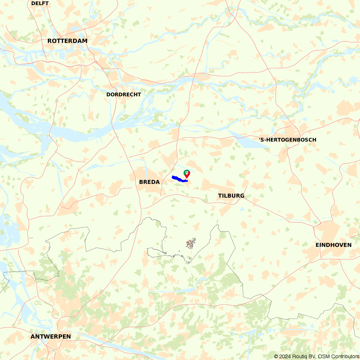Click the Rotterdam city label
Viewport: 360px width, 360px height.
[67, 41]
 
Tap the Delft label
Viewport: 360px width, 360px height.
[40, 4]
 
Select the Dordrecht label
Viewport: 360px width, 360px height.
[123, 95]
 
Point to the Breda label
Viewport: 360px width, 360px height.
[149, 182]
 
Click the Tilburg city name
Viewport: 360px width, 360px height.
[231, 196]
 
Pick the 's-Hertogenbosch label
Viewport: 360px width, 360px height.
[288, 140]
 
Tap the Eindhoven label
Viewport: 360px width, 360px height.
[333, 245]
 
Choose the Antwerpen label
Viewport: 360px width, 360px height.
[51, 337]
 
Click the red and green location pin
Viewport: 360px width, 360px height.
[187, 174]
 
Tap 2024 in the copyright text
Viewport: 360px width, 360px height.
[283, 356]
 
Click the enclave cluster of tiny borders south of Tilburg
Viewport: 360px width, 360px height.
[190, 244]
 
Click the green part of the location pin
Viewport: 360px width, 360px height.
[185, 172]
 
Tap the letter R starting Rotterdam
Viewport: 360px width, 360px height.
[50, 41]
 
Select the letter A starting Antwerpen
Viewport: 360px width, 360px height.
[33, 337]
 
